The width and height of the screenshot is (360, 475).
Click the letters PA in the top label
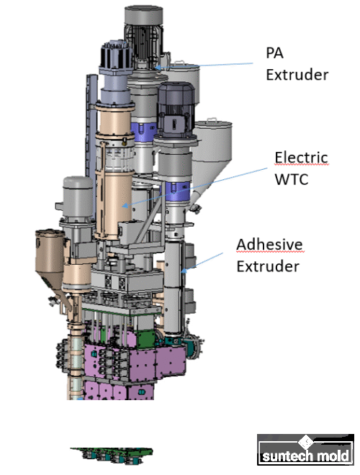(274, 53)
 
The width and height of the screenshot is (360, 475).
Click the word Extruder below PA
(297, 75)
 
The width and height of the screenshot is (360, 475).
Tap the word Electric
(301, 158)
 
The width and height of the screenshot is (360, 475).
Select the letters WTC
(291, 179)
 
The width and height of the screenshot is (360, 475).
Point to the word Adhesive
(270, 244)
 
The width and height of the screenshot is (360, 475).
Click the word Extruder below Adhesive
(268, 266)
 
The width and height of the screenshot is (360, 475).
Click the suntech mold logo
(305, 450)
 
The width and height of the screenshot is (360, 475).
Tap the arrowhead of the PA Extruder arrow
(157, 67)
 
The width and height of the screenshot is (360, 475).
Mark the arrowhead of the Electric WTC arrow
(124, 206)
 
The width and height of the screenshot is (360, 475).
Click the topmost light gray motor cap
(143, 16)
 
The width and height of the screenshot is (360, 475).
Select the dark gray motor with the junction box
(176, 109)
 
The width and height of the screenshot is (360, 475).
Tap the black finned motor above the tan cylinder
(117, 54)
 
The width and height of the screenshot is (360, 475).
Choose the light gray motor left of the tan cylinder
(78, 199)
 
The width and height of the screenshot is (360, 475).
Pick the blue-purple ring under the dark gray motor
(175, 191)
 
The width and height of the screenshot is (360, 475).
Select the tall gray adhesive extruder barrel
(174, 288)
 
